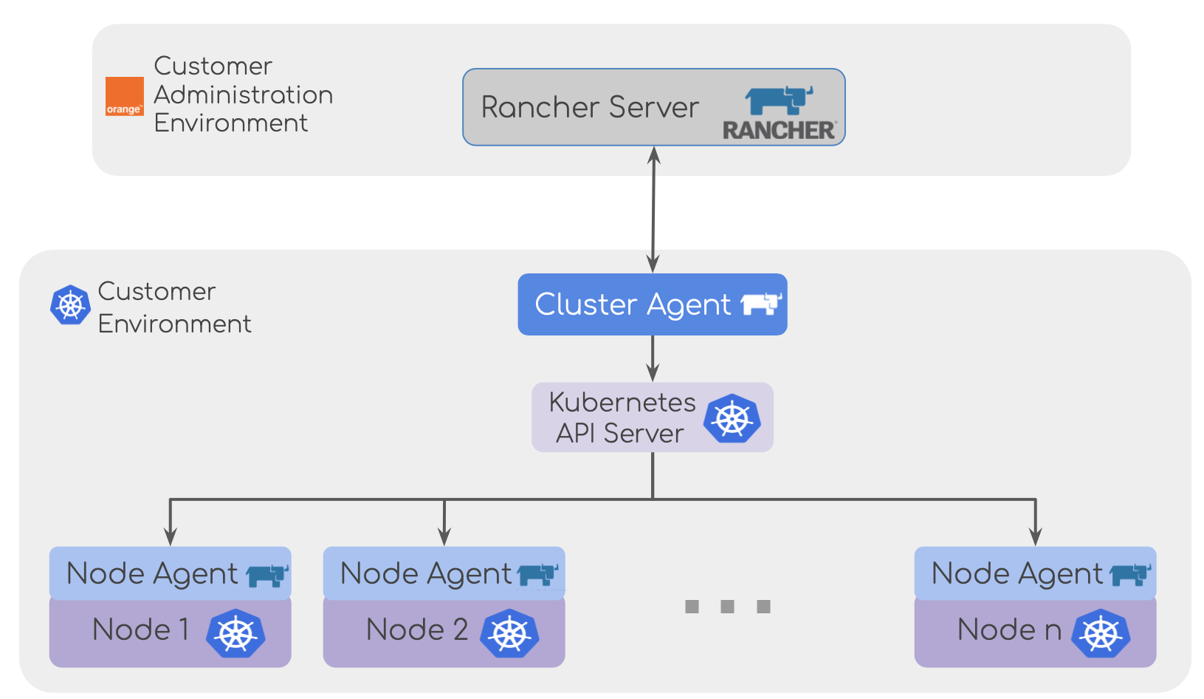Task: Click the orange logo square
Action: click(x=124, y=97)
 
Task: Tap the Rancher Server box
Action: click(x=591, y=108)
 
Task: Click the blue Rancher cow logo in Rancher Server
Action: click(x=779, y=100)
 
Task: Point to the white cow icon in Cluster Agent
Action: click(x=760, y=304)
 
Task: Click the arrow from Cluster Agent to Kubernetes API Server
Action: click(x=653, y=358)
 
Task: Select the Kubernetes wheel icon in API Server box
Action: click(x=732, y=418)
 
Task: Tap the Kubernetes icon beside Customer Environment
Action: click(x=70, y=305)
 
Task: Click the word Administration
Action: click(x=244, y=95)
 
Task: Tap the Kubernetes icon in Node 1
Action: click(x=235, y=633)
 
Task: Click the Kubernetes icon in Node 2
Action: click(x=509, y=633)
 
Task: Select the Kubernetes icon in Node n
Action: click(x=1101, y=633)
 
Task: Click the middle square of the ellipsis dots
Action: click(x=728, y=607)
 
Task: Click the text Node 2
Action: click(x=417, y=630)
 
